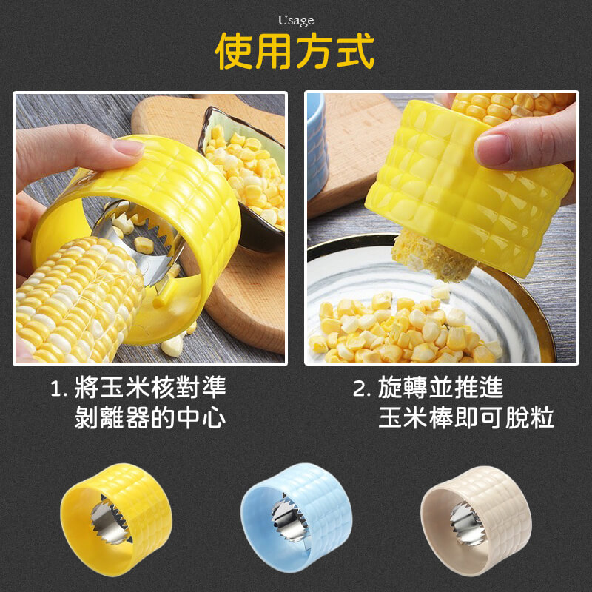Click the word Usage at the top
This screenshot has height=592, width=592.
295,21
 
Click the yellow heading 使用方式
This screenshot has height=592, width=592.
295,51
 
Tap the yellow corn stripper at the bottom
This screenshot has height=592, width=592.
116,519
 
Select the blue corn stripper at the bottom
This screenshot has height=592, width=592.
297,519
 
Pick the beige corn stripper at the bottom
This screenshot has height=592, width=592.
476,520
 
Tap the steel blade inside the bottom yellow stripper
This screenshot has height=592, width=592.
110,519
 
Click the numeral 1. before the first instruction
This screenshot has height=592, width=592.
58,388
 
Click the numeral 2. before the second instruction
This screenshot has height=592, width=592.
362,388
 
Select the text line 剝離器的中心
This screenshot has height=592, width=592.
150,417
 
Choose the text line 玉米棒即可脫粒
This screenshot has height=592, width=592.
466,417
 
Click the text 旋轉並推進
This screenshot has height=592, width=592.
441,387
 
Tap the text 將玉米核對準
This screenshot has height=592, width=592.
150,387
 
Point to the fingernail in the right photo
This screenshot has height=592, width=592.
491,149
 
